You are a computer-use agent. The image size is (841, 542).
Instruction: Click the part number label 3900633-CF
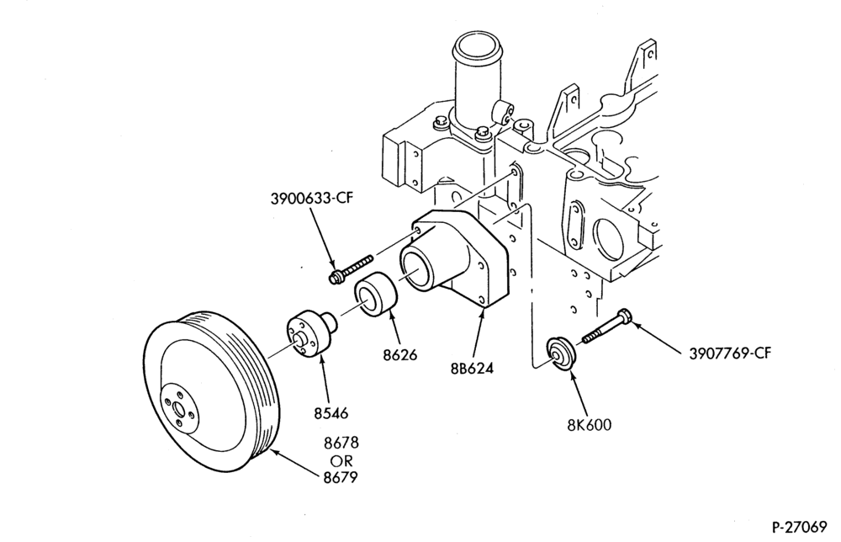[312, 199]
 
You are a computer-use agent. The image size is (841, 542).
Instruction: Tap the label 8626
[399, 354]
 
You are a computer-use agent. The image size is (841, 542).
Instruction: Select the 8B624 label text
[472, 369]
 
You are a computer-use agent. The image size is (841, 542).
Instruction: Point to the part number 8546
[331, 413]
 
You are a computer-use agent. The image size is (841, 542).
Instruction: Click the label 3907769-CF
[730, 353]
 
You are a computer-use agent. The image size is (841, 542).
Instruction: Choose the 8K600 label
[590, 425]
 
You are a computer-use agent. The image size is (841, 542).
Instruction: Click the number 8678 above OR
[341, 444]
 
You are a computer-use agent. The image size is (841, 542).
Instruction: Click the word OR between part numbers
[341, 460]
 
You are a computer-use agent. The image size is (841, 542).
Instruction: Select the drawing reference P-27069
[800, 527]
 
